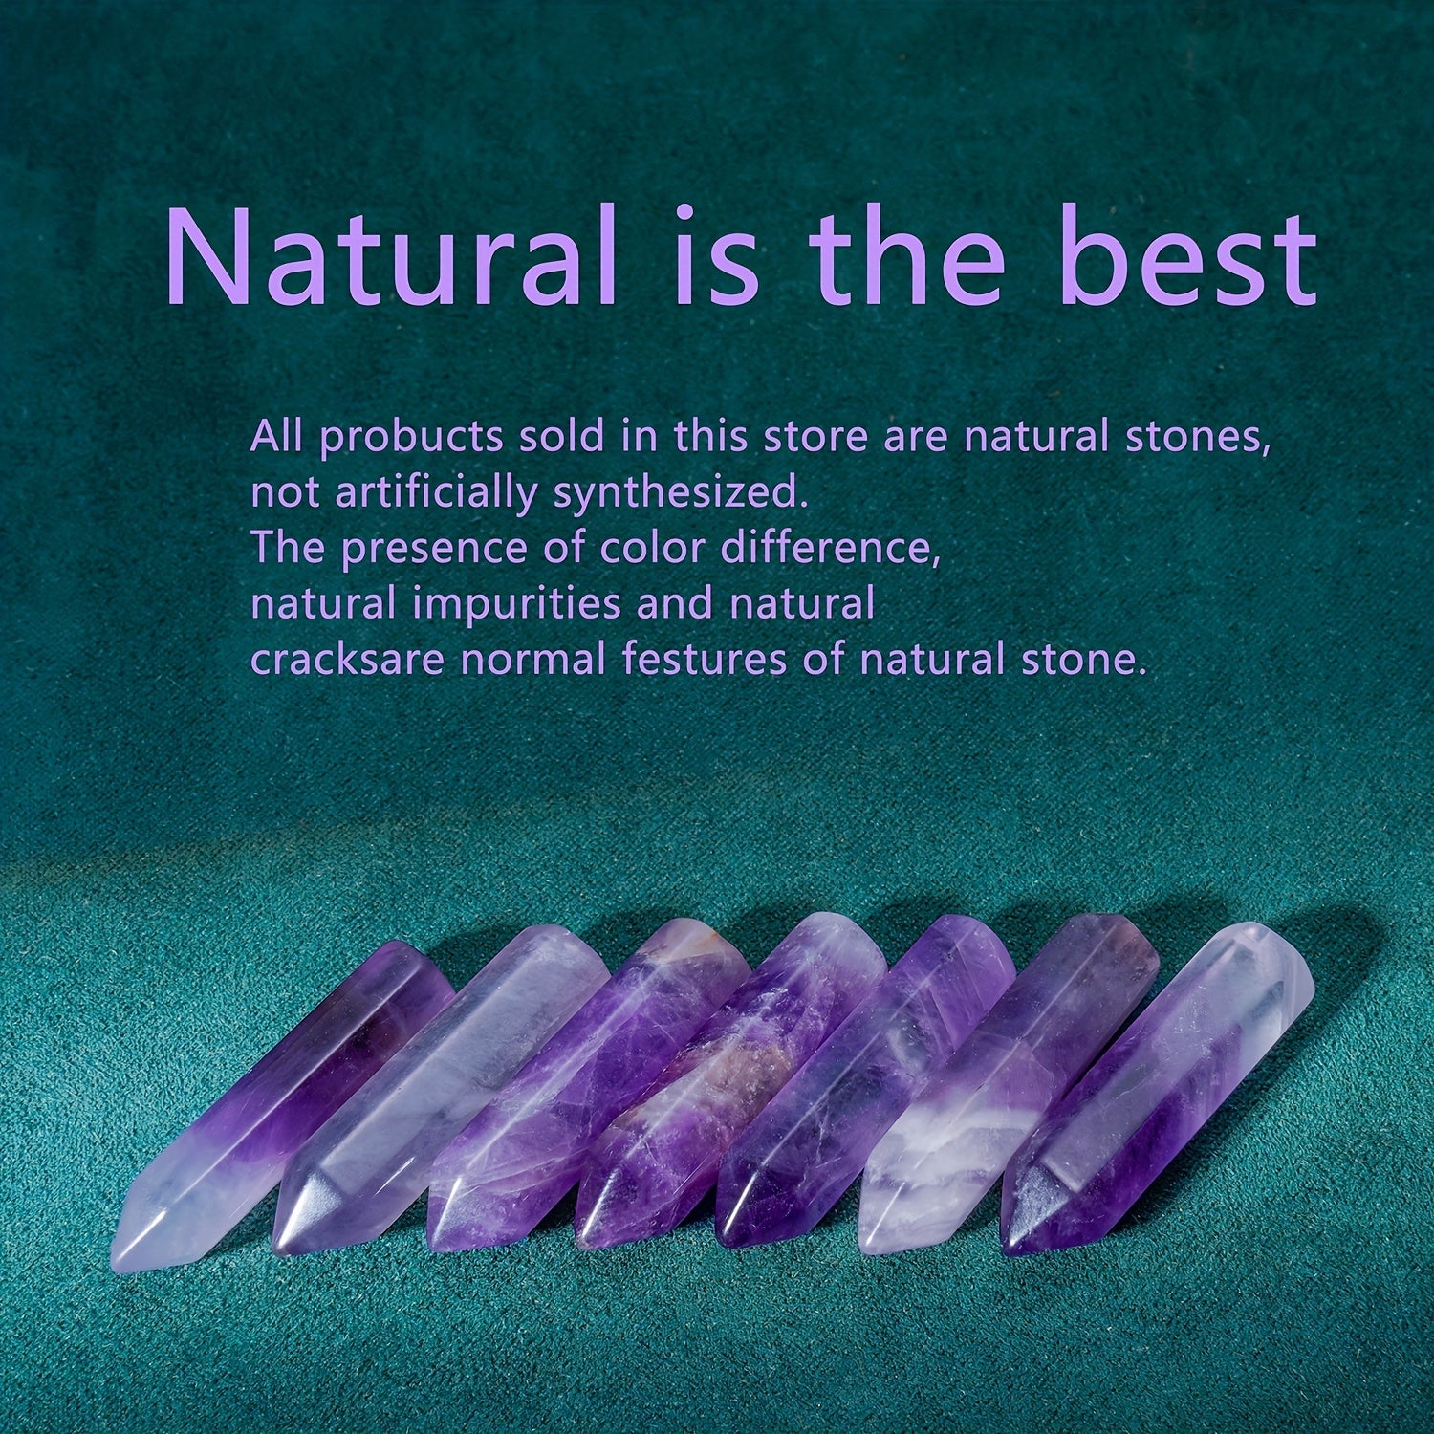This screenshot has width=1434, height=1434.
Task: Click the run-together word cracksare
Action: point(347,661)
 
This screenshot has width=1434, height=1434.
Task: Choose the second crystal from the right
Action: point(1009,1080)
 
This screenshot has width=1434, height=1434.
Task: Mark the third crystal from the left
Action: point(588,1085)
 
